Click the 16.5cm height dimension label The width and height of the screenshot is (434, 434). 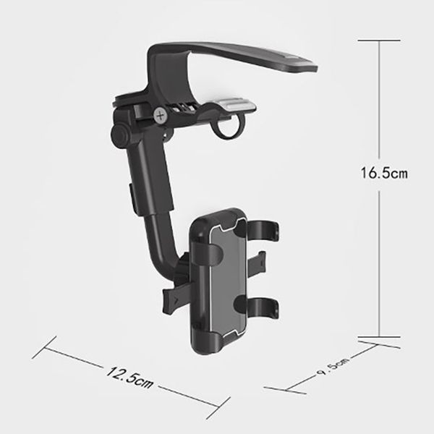[384, 173]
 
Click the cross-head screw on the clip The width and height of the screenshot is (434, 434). [161, 116]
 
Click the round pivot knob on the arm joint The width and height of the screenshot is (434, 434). [120, 136]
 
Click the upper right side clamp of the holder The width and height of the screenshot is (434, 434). [263, 230]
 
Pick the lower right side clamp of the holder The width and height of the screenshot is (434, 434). [262, 308]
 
